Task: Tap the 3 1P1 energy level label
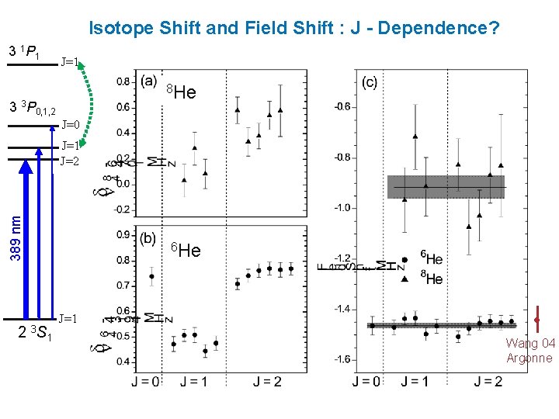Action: (x=24, y=53)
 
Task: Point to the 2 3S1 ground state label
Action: (x=35, y=334)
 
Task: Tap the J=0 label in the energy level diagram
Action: (x=71, y=124)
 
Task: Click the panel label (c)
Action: (x=370, y=81)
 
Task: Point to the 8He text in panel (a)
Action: (x=182, y=93)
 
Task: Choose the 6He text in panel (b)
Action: (x=186, y=250)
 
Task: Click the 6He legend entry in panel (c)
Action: (x=431, y=259)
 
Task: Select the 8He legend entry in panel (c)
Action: (x=431, y=279)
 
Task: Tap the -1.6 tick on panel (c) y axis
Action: (x=341, y=359)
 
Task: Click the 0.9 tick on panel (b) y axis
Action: (x=123, y=234)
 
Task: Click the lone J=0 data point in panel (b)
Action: (x=151, y=276)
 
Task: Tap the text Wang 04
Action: (x=530, y=343)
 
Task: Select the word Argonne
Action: (x=529, y=358)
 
